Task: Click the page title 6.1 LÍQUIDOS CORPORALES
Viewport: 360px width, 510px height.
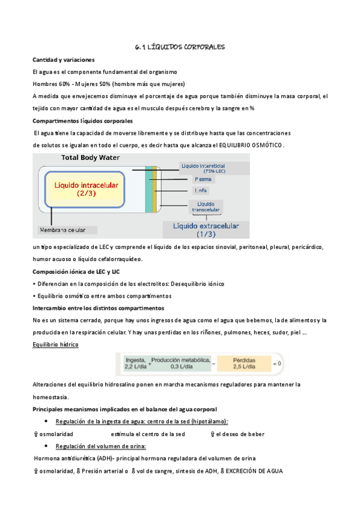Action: pos(180,46)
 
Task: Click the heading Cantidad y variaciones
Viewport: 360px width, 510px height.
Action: pos(63,60)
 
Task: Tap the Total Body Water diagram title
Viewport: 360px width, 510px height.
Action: pos(90,158)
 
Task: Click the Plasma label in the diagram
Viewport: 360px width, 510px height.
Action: pos(202,179)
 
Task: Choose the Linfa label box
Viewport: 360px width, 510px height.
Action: pos(201,191)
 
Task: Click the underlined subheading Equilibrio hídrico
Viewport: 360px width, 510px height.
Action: pos(55,345)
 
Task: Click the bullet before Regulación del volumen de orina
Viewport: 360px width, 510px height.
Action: pos(47,446)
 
